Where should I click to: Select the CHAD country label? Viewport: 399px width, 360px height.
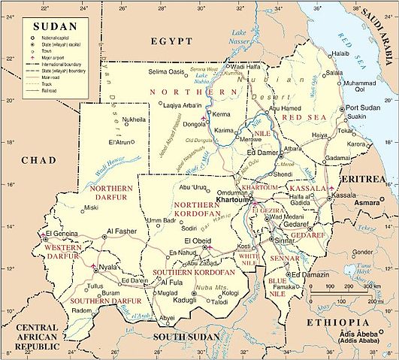pos(34,181)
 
